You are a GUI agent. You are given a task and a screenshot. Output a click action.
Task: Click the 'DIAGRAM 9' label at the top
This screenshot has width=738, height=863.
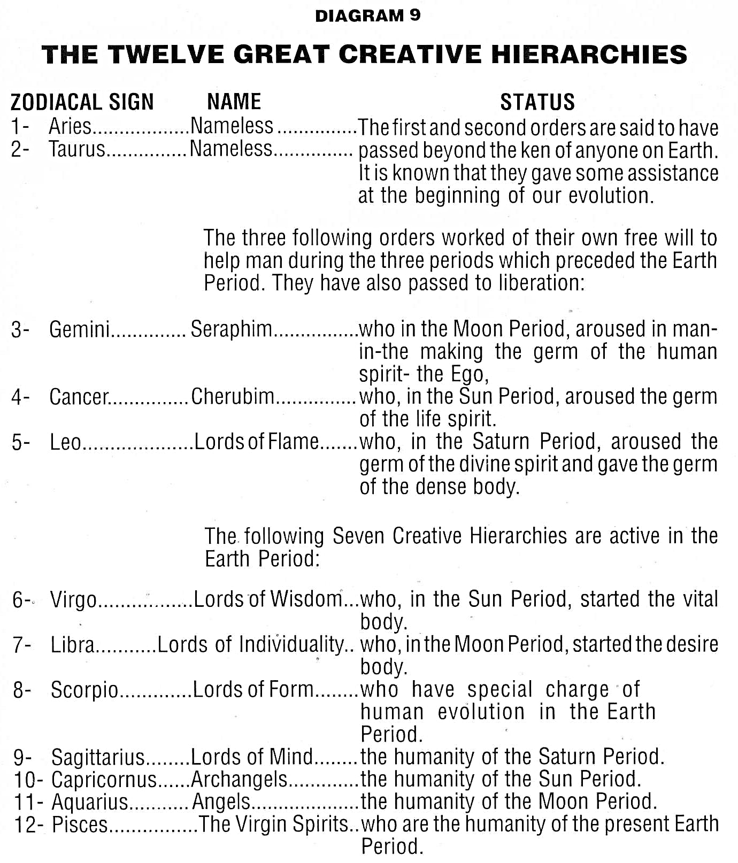click(x=367, y=16)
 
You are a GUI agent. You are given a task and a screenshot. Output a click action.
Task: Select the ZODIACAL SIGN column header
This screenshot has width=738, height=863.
click(x=82, y=102)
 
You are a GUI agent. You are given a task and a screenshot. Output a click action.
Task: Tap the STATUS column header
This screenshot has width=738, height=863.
click(x=537, y=102)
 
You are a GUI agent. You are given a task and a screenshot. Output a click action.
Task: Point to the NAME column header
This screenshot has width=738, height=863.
click(x=234, y=101)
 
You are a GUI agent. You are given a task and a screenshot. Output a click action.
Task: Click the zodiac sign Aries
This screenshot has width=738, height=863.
click(x=70, y=127)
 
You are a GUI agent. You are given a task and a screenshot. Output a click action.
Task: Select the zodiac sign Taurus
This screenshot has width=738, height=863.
click(x=77, y=149)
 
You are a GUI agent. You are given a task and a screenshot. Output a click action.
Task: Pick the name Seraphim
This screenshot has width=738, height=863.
click(x=232, y=329)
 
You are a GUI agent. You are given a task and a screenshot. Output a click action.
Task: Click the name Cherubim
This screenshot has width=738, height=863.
click(x=233, y=397)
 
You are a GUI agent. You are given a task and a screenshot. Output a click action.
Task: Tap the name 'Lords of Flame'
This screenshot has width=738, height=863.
click(x=257, y=442)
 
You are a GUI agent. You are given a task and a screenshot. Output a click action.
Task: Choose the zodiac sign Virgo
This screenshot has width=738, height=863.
click(x=73, y=600)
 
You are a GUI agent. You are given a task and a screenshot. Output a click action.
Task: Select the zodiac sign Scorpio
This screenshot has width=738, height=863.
click(x=84, y=690)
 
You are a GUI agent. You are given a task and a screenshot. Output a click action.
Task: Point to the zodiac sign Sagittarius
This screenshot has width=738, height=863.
click(x=98, y=758)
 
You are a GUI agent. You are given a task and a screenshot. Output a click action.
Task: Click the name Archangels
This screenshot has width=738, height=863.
click(x=239, y=780)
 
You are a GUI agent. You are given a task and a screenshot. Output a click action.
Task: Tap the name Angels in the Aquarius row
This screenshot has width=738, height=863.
click(x=221, y=802)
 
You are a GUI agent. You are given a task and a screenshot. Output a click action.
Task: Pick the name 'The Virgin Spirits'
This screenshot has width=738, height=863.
click(x=274, y=825)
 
